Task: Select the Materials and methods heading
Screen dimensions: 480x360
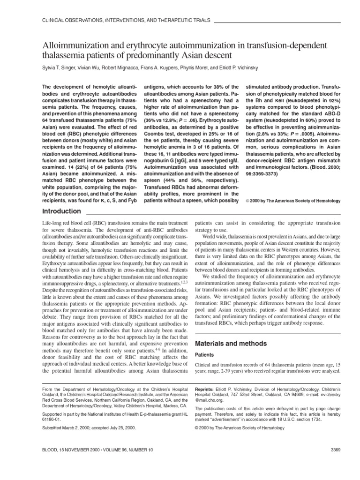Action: (231, 343)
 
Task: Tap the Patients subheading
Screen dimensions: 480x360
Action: (205, 355)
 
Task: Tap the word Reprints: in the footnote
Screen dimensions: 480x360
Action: (206, 389)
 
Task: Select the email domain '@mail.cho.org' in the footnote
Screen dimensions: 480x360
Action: (211, 401)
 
